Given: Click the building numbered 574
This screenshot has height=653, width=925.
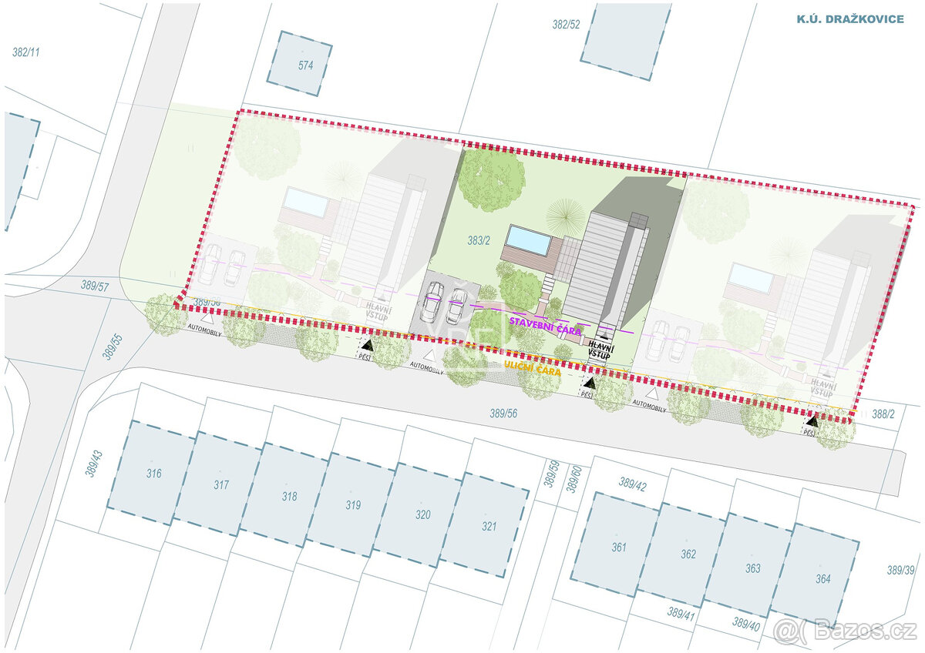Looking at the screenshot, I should tap(300, 63).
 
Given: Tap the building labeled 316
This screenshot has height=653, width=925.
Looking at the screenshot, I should tap(152, 473).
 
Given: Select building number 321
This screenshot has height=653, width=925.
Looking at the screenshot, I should tap(488, 527).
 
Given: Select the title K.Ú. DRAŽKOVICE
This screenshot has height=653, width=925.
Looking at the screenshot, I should tap(849, 18).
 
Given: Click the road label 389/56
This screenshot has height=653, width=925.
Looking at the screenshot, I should tap(503, 413).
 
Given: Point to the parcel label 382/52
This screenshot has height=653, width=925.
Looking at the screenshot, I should tap(566, 25).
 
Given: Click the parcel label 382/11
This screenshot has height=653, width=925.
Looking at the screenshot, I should tap(26, 52).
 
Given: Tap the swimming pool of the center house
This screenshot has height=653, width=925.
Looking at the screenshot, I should tap(530, 239).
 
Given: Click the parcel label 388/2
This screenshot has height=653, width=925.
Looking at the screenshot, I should tap(883, 414).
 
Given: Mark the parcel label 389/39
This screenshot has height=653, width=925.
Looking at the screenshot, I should tap(900, 571).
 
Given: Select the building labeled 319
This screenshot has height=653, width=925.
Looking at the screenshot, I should tap(353, 505).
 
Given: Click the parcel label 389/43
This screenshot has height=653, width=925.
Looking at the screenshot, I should tap(94, 459).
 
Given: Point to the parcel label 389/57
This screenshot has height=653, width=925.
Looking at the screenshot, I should tap(96, 284).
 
